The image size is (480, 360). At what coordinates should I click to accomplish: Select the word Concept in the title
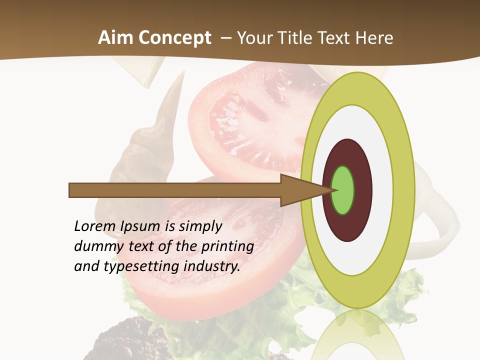point(174,38)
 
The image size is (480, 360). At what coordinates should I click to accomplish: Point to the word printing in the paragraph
point(227,247)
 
